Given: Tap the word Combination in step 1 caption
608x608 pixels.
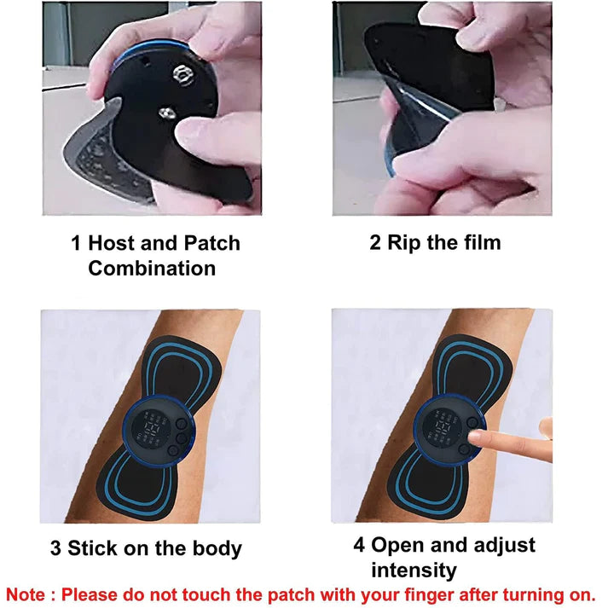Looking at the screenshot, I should pos(151,269).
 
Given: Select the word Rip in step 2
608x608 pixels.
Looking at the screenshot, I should pos(406,243).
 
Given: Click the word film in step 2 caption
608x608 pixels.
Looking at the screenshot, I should pos(477,243).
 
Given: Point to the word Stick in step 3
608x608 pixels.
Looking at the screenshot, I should pos(93,547).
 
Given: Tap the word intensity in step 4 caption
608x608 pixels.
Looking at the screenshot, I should pos(414,570).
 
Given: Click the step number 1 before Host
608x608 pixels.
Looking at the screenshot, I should pos(76,243).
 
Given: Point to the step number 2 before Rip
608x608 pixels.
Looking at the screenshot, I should pos(374,243).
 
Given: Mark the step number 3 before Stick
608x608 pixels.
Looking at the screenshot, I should pos(55,547).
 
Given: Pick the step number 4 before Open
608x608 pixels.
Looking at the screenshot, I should pos(359,545).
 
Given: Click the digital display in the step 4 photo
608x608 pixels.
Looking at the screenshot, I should pos(443,423).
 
